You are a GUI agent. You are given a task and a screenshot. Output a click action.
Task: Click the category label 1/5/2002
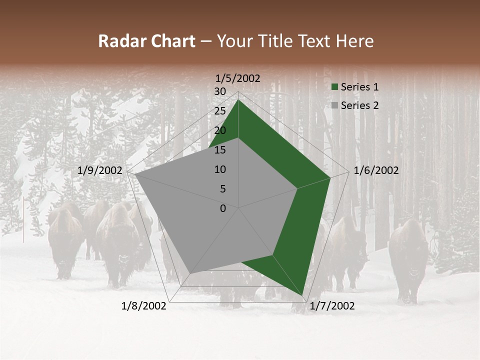[x=238, y=78]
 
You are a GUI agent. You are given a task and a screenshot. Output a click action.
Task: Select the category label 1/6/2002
[x=376, y=170]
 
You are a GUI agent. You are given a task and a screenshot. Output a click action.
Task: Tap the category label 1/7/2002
[x=332, y=306]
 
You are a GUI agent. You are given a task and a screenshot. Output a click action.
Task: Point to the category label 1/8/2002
[x=144, y=306]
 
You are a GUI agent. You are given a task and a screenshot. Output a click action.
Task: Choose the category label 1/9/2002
[x=100, y=170]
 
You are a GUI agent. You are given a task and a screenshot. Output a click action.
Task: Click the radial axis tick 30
[x=220, y=91]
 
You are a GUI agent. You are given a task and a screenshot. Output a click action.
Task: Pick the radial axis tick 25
[x=220, y=111]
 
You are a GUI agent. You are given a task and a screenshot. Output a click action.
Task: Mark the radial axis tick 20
[x=220, y=130]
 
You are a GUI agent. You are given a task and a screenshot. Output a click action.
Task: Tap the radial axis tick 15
[x=220, y=150]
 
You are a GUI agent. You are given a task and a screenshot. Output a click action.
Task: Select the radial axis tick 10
[x=220, y=169]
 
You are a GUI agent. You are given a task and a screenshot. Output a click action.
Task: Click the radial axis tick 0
[x=223, y=208]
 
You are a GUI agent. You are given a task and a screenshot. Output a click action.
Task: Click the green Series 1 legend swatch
[x=334, y=87]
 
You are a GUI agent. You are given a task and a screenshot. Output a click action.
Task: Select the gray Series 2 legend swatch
[x=334, y=105]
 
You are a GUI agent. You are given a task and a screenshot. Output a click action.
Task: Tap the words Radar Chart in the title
[x=146, y=41]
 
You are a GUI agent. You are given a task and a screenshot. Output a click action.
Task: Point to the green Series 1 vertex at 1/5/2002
[x=238, y=99]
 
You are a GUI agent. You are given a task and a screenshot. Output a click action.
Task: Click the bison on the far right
[x=408, y=260]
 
